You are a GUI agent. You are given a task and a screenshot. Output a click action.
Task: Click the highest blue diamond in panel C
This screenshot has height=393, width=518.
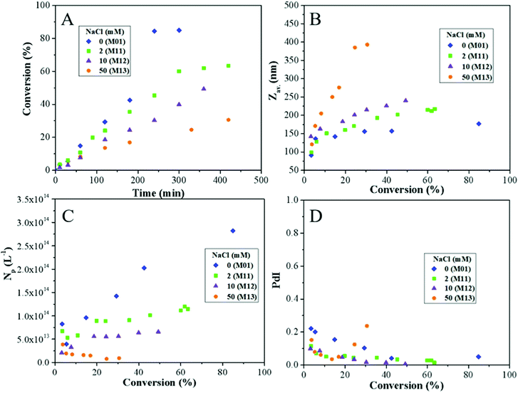click(233, 231)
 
